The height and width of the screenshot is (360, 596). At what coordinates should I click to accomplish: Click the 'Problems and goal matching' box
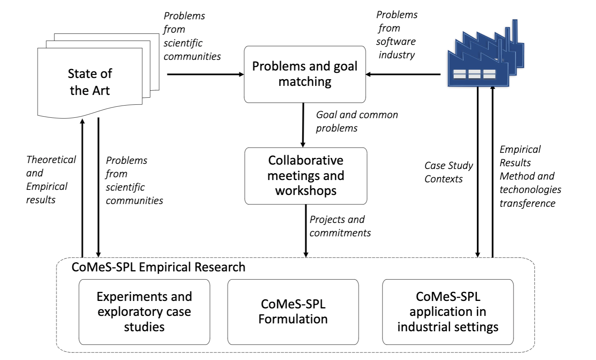[305, 74]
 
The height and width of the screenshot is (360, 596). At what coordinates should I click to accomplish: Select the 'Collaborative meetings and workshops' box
[305, 176]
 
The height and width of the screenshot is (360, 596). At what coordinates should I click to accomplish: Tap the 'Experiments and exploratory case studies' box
[144, 312]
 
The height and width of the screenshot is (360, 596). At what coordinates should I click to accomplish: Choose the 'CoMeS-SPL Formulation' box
[293, 312]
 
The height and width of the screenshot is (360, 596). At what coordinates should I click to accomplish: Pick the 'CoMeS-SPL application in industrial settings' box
[448, 312]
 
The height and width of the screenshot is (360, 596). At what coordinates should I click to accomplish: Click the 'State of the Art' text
[90, 82]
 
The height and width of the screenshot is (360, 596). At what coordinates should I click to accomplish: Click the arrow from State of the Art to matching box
[205, 74]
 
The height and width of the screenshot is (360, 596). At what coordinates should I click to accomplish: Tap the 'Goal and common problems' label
[357, 121]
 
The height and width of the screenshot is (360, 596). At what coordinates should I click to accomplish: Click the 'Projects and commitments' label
[340, 226]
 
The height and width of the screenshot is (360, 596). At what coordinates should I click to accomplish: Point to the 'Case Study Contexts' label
[449, 172]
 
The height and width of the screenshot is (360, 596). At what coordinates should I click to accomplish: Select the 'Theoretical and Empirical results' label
[50, 180]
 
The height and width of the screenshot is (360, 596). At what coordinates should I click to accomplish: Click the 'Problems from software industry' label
[397, 35]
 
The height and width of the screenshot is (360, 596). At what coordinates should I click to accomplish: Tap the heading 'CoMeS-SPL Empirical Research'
[158, 267]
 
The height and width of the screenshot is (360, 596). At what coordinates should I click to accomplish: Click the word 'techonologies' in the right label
[530, 189]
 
